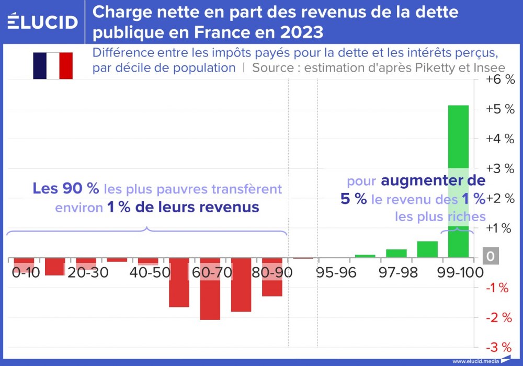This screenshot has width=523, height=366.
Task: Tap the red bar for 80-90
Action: pyautogui.click(x=272, y=280)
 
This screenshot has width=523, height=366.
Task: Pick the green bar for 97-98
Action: pyautogui.click(x=396, y=254)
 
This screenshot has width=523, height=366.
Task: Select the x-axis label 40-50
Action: pyautogui.click(x=148, y=273)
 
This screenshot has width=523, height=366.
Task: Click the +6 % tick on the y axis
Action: pyautogui.click(x=500, y=80)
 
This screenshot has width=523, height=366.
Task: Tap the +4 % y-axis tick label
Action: pyautogui.click(x=500, y=139)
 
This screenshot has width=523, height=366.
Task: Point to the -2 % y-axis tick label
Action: pyautogui.click(x=498, y=317)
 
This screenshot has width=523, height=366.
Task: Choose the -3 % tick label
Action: pyautogui.click(x=498, y=347)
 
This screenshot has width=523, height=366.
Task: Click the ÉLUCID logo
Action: pyautogui.click(x=43, y=22)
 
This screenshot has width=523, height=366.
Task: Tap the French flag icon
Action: pyautogui.click(x=53, y=65)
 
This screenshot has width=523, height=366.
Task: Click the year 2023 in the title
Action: pyautogui.click(x=300, y=32)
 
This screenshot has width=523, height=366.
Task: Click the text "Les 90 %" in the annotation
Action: pyautogui.click(x=65, y=188)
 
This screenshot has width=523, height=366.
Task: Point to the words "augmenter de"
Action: pyautogui.click(x=433, y=181)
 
